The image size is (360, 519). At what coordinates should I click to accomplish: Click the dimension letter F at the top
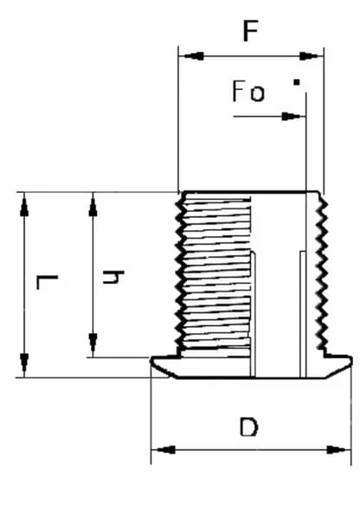250,31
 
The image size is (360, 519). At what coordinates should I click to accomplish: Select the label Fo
248,91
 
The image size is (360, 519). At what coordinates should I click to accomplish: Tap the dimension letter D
248,427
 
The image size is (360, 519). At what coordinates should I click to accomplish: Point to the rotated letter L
47,282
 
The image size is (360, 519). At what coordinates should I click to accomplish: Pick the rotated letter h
113,278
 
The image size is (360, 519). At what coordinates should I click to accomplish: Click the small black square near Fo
297,82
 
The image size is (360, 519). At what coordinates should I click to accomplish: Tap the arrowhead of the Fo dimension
292,117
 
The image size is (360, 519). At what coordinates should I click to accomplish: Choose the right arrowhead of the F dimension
311,56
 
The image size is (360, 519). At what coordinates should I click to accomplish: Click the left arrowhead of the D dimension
164,450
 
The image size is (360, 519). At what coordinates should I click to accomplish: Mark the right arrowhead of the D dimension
337,450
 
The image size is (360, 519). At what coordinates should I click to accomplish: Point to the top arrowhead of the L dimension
24,206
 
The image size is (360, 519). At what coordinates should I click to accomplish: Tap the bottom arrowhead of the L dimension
24,364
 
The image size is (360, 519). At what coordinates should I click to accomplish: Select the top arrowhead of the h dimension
93,206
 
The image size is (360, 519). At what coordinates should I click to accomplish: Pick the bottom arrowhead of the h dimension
93,344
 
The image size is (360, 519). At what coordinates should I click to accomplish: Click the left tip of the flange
151,360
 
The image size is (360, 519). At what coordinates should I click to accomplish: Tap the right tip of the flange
351,361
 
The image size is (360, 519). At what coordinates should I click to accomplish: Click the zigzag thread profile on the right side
321,272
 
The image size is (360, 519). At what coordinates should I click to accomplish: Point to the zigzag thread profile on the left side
179,272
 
